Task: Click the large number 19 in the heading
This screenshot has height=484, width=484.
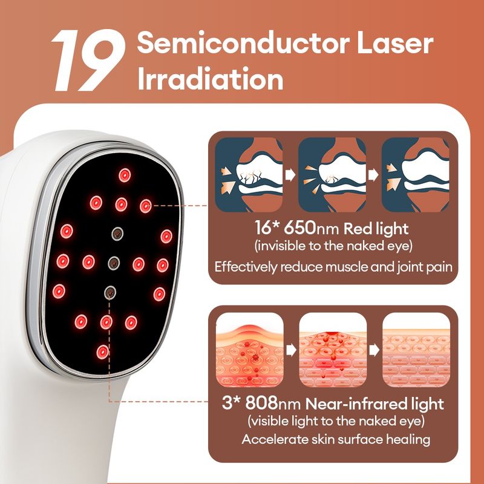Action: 88,60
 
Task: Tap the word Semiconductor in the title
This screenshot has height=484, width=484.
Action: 244,43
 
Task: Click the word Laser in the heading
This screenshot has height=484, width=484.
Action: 395,43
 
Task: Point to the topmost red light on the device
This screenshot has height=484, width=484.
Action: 125,175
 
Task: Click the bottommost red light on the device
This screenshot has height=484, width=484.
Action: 102,352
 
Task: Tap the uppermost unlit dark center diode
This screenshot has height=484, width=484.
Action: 117,234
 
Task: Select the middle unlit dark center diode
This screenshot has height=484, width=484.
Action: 114,263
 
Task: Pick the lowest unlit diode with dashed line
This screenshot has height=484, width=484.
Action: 110,292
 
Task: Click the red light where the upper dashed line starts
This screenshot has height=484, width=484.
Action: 146,206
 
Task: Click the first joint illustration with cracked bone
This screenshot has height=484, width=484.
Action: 249,174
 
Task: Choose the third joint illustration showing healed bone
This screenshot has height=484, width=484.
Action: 416,174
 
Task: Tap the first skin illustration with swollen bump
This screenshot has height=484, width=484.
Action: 249,350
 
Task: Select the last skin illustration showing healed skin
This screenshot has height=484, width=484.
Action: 416,350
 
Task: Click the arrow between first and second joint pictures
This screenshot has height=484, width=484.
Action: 290,175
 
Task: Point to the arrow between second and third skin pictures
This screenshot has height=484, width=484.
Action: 374,350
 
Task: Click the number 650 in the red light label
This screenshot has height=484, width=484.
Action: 299,228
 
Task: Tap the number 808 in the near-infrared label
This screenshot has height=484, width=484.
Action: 262,403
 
